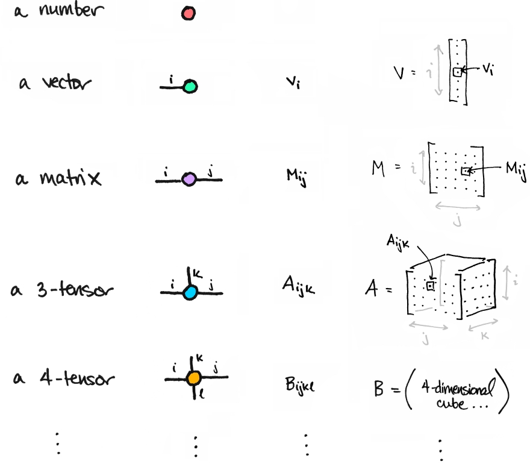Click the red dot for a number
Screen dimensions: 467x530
point(188,13)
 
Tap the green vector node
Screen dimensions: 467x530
point(190,87)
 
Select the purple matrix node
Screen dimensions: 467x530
point(189,179)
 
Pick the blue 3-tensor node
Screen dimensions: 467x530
point(190,293)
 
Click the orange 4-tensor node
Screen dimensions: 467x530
point(193,378)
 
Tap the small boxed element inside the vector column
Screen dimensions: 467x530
point(458,72)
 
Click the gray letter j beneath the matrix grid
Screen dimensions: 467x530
point(457,221)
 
